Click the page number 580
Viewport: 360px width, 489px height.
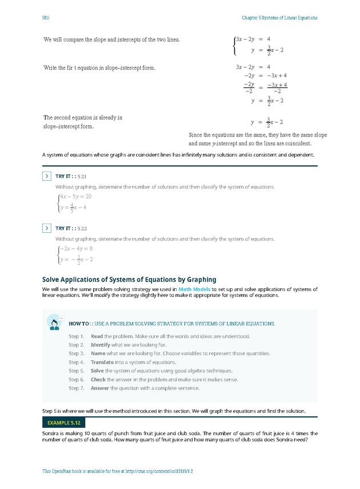click(46, 18)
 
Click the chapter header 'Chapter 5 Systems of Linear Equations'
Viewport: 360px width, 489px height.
click(279, 18)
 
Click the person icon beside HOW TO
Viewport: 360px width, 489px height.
click(55, 324)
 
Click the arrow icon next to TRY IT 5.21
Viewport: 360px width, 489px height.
click(47, 176)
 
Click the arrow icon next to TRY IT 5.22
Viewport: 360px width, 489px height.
click(47, 228)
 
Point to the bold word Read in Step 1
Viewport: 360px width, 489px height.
click(97, 336)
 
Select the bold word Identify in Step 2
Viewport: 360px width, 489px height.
click(100, 345)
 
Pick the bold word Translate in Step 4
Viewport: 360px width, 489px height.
click(103, 362)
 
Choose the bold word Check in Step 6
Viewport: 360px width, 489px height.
click(98, 380)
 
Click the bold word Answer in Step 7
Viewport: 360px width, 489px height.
click(99, 388)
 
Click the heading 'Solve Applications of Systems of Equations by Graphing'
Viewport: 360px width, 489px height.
click(129, 280)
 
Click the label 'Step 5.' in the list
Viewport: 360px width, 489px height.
click(77, 371)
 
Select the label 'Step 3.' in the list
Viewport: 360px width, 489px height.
click(77, 353)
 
